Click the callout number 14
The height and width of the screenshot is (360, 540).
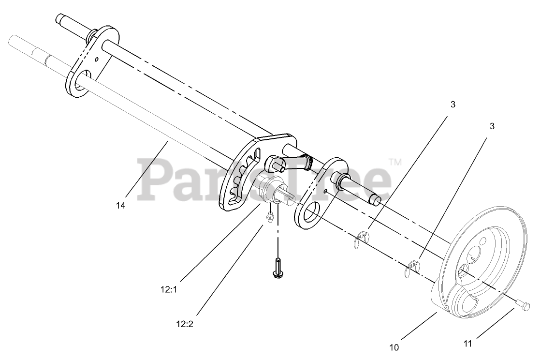click(120, 205)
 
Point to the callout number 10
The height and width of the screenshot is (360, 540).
click(395, 346)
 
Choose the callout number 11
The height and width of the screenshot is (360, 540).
click(467, 344)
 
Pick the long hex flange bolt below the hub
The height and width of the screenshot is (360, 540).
click(277, 268)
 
